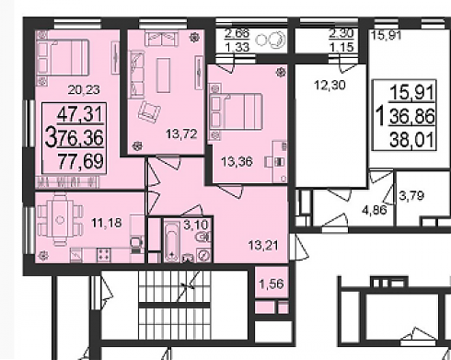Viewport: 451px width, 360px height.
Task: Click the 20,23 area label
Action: click(84, 90)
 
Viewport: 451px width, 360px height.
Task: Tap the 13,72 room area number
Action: click(181, 134)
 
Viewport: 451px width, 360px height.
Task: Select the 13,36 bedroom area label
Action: click(237, 161)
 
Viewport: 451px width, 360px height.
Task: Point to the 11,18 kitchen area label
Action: click(107, 223)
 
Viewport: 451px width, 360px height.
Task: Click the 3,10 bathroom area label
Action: click(196, 225)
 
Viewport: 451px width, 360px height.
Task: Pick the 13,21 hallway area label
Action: click(263, 245)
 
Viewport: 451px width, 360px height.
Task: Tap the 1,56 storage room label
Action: click(272, 284)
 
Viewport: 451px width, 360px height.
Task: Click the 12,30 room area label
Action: click(330, 85)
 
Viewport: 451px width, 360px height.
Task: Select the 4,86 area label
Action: click(375, 210)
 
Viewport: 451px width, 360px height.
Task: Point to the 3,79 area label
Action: click(411, 195)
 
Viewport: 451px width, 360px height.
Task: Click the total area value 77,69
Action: click(80, 161)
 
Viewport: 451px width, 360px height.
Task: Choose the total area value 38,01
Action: click(412, 141)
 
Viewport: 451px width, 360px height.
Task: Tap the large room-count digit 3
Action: click(51, 138)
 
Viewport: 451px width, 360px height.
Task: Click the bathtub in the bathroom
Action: click(171, 242)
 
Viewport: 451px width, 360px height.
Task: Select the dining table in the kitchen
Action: click(61, 220)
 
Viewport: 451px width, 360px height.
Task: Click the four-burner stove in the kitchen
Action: click(104, 255)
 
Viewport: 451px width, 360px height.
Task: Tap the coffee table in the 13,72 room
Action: click(163, 75)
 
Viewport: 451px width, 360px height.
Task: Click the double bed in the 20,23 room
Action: click(63, 58)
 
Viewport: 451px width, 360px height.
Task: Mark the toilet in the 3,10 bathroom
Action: click(205, 237)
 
